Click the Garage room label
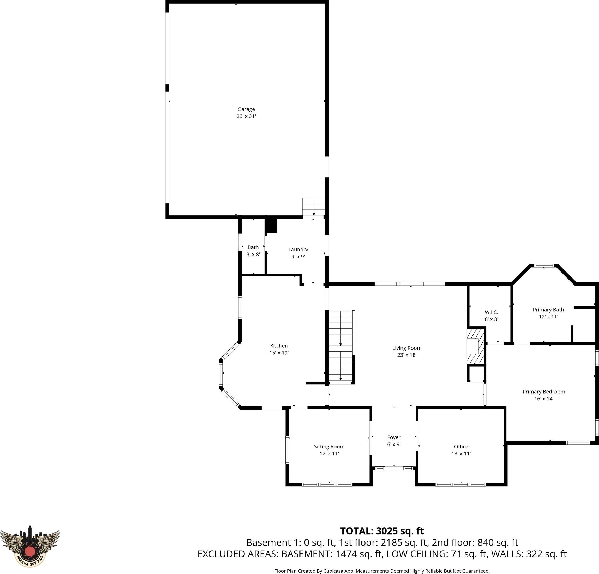pos(246,109)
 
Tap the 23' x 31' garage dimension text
pos(246,116)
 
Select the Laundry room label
pos(298,250)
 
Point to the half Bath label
pos(253,247)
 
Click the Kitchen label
pos(279,346)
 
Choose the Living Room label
pos(407,348)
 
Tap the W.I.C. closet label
pos(492,312)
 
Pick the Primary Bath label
pos(548,310)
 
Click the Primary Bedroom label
pos(544,392)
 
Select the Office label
pos(461,446)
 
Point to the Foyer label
pos(394,437)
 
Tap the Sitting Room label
pos(329,446)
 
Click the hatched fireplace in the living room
pos(476,346)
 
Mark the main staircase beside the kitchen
pos(340,347)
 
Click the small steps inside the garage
pos(314,207)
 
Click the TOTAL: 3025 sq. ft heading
pos(382,531)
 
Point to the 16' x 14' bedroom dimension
pos(544,399)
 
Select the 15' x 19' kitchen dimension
pos(279,353)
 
